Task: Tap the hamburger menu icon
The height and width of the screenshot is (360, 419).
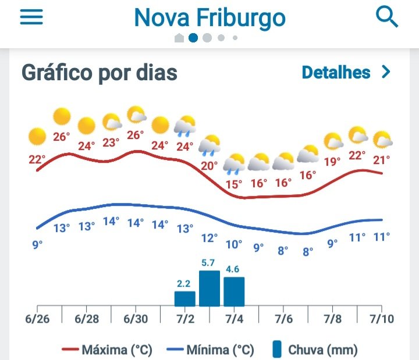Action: point(31,17)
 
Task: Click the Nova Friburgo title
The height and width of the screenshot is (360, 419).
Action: point(210,18)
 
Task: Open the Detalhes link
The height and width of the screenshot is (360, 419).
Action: point(346,72)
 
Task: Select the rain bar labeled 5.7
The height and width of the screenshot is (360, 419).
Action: point(210,288)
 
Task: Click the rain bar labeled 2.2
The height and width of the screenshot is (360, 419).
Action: point(184,298)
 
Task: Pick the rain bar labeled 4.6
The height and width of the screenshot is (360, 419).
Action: point(234,291)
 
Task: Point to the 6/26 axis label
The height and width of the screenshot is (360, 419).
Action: point(37,319)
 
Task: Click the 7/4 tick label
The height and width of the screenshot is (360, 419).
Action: point(234,319)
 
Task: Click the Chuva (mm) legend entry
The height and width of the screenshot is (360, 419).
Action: point(314,350)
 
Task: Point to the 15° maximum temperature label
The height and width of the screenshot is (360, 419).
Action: point(234,184)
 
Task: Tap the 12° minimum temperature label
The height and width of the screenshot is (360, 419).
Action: point(209,238)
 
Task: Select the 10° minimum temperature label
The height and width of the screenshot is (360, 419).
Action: point(234,244)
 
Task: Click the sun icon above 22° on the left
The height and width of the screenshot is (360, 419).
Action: point(37,137)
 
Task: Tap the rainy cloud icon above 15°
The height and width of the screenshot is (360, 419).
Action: point(234,163)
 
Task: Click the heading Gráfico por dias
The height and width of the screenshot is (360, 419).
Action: point(100,73)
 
